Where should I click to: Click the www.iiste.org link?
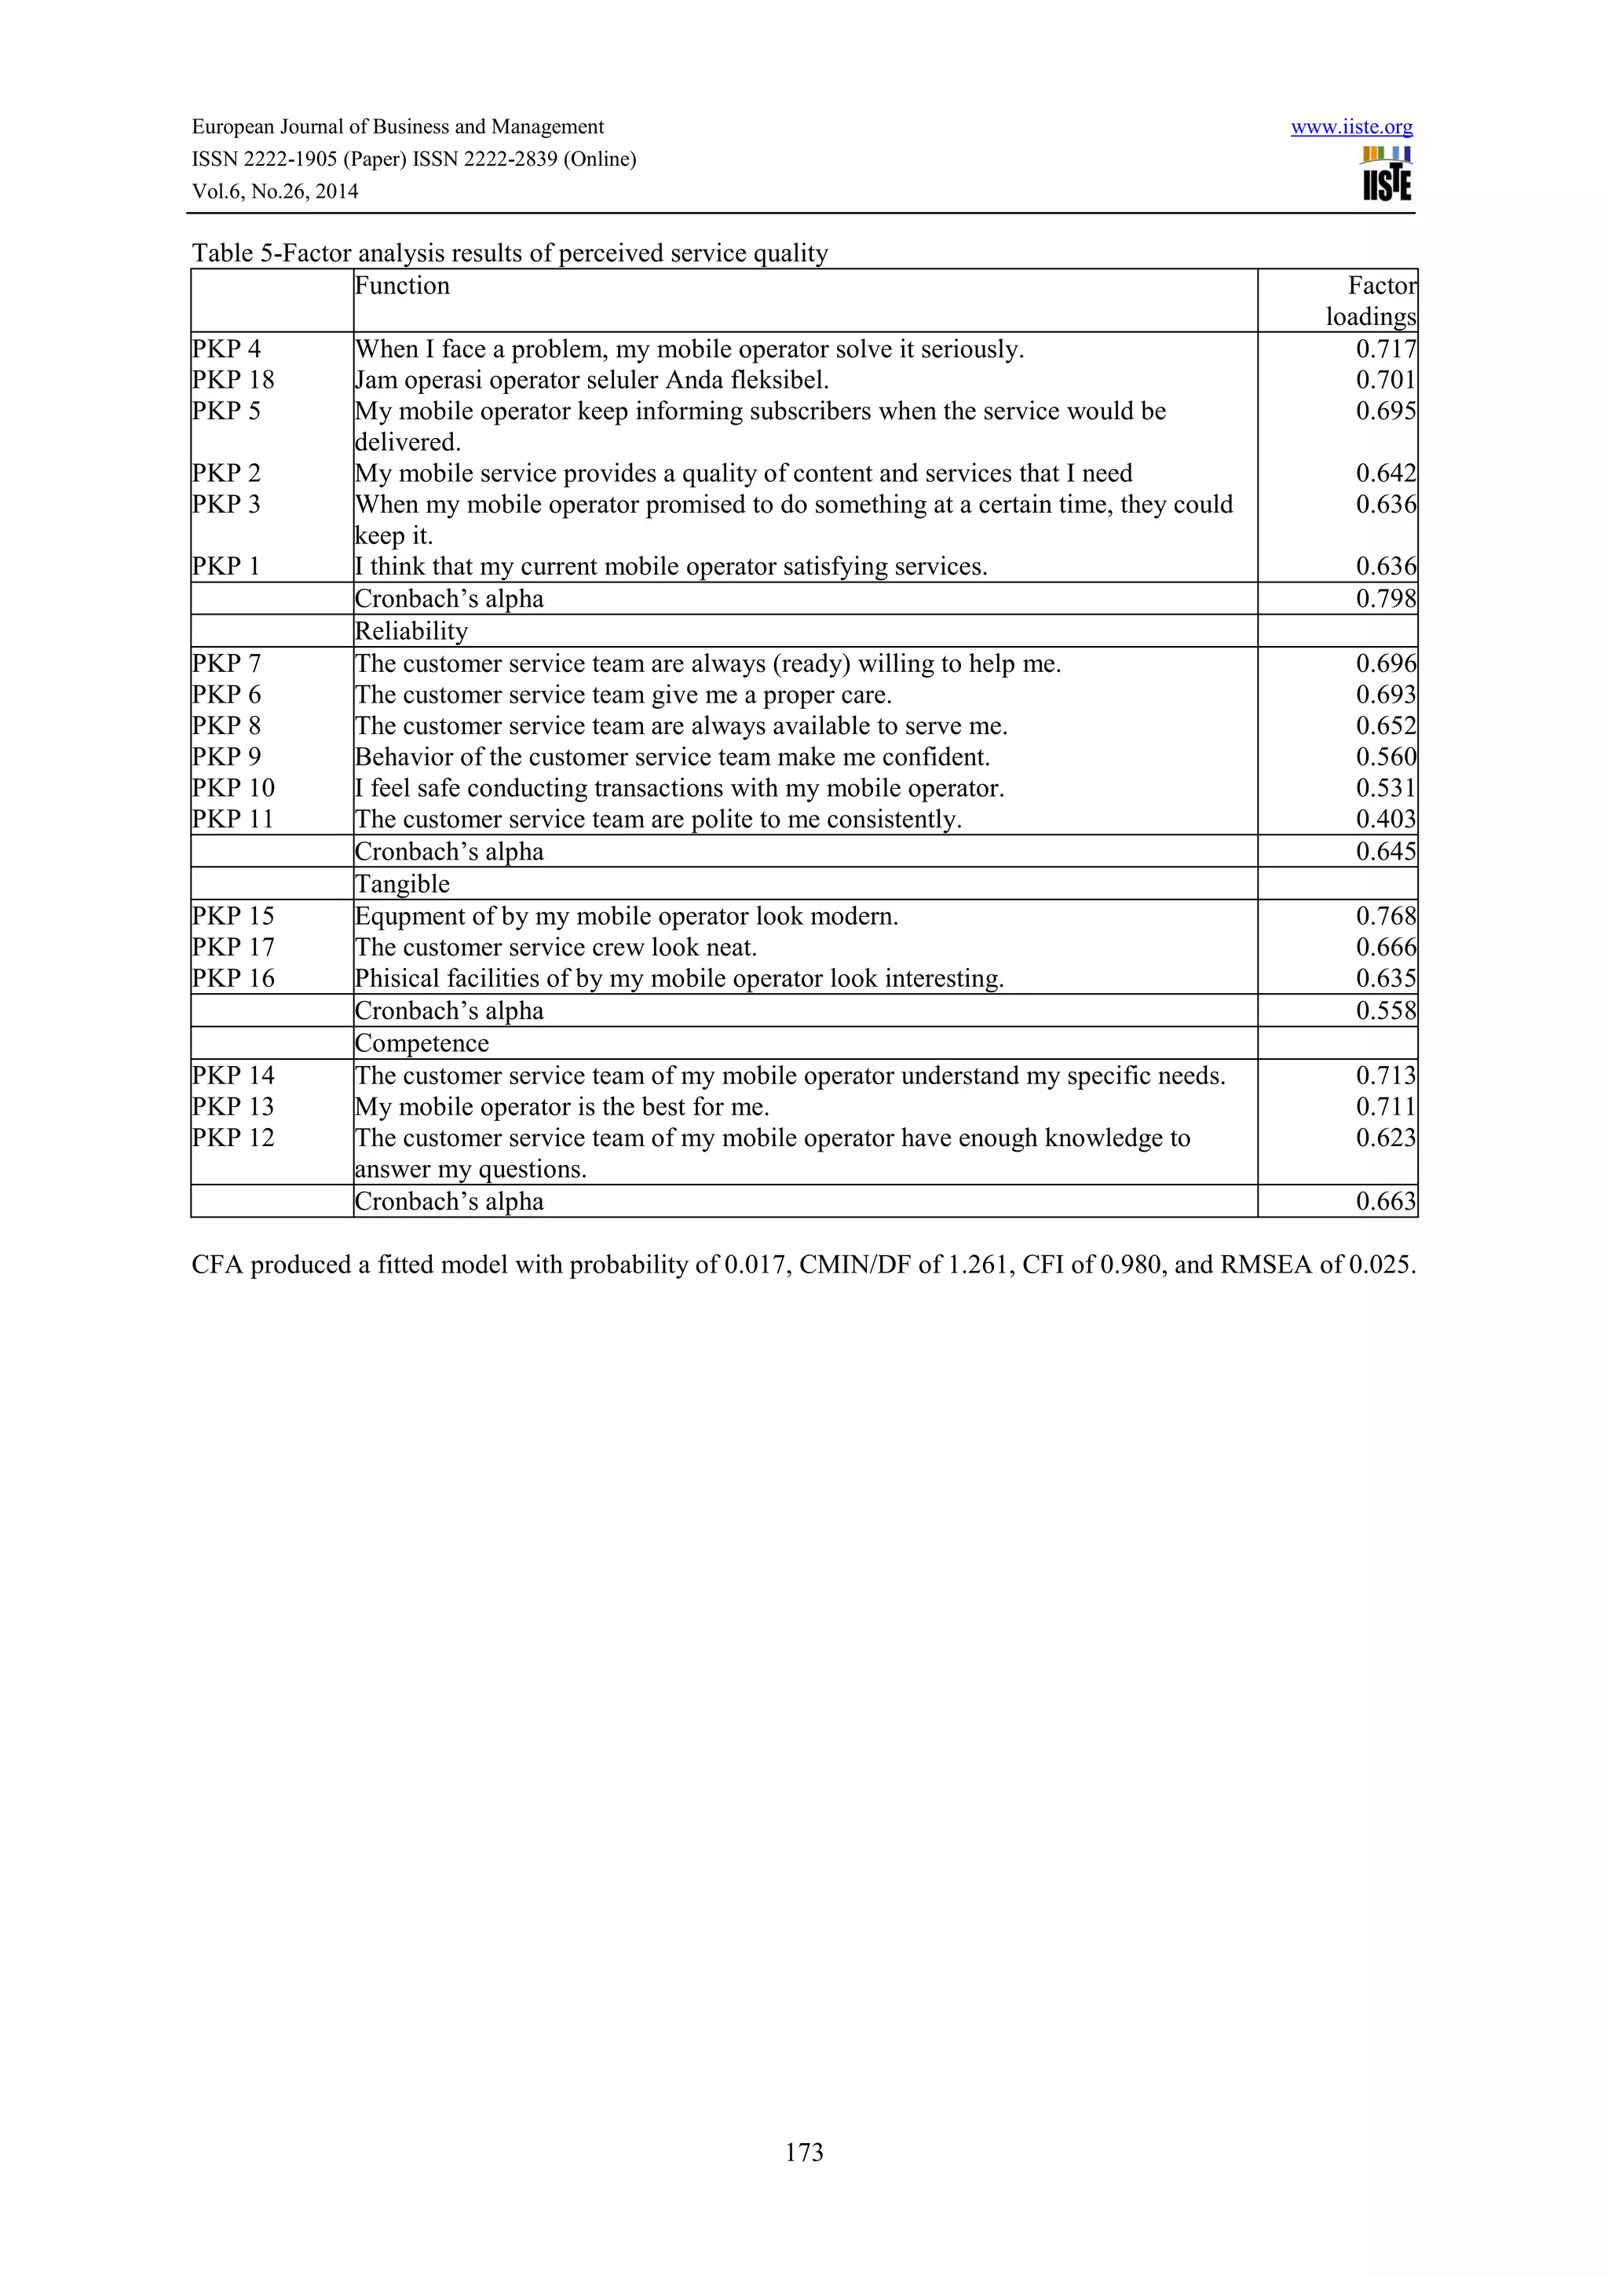pos(1350,127)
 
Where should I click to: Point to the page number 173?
pos(803,2151)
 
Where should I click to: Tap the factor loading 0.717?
pos(1385,349)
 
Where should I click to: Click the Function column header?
pos(402,287)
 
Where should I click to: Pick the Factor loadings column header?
pos(1371,301)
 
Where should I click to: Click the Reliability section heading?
pos(411,631)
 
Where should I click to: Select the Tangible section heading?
pos(402,884)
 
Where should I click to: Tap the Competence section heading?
pos(422,1043)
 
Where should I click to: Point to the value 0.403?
pos(1385,820)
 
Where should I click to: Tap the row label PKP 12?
pos(233,1137)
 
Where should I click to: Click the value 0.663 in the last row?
pos(1385,1201)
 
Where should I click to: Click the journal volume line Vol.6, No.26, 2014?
pos(275,192)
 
